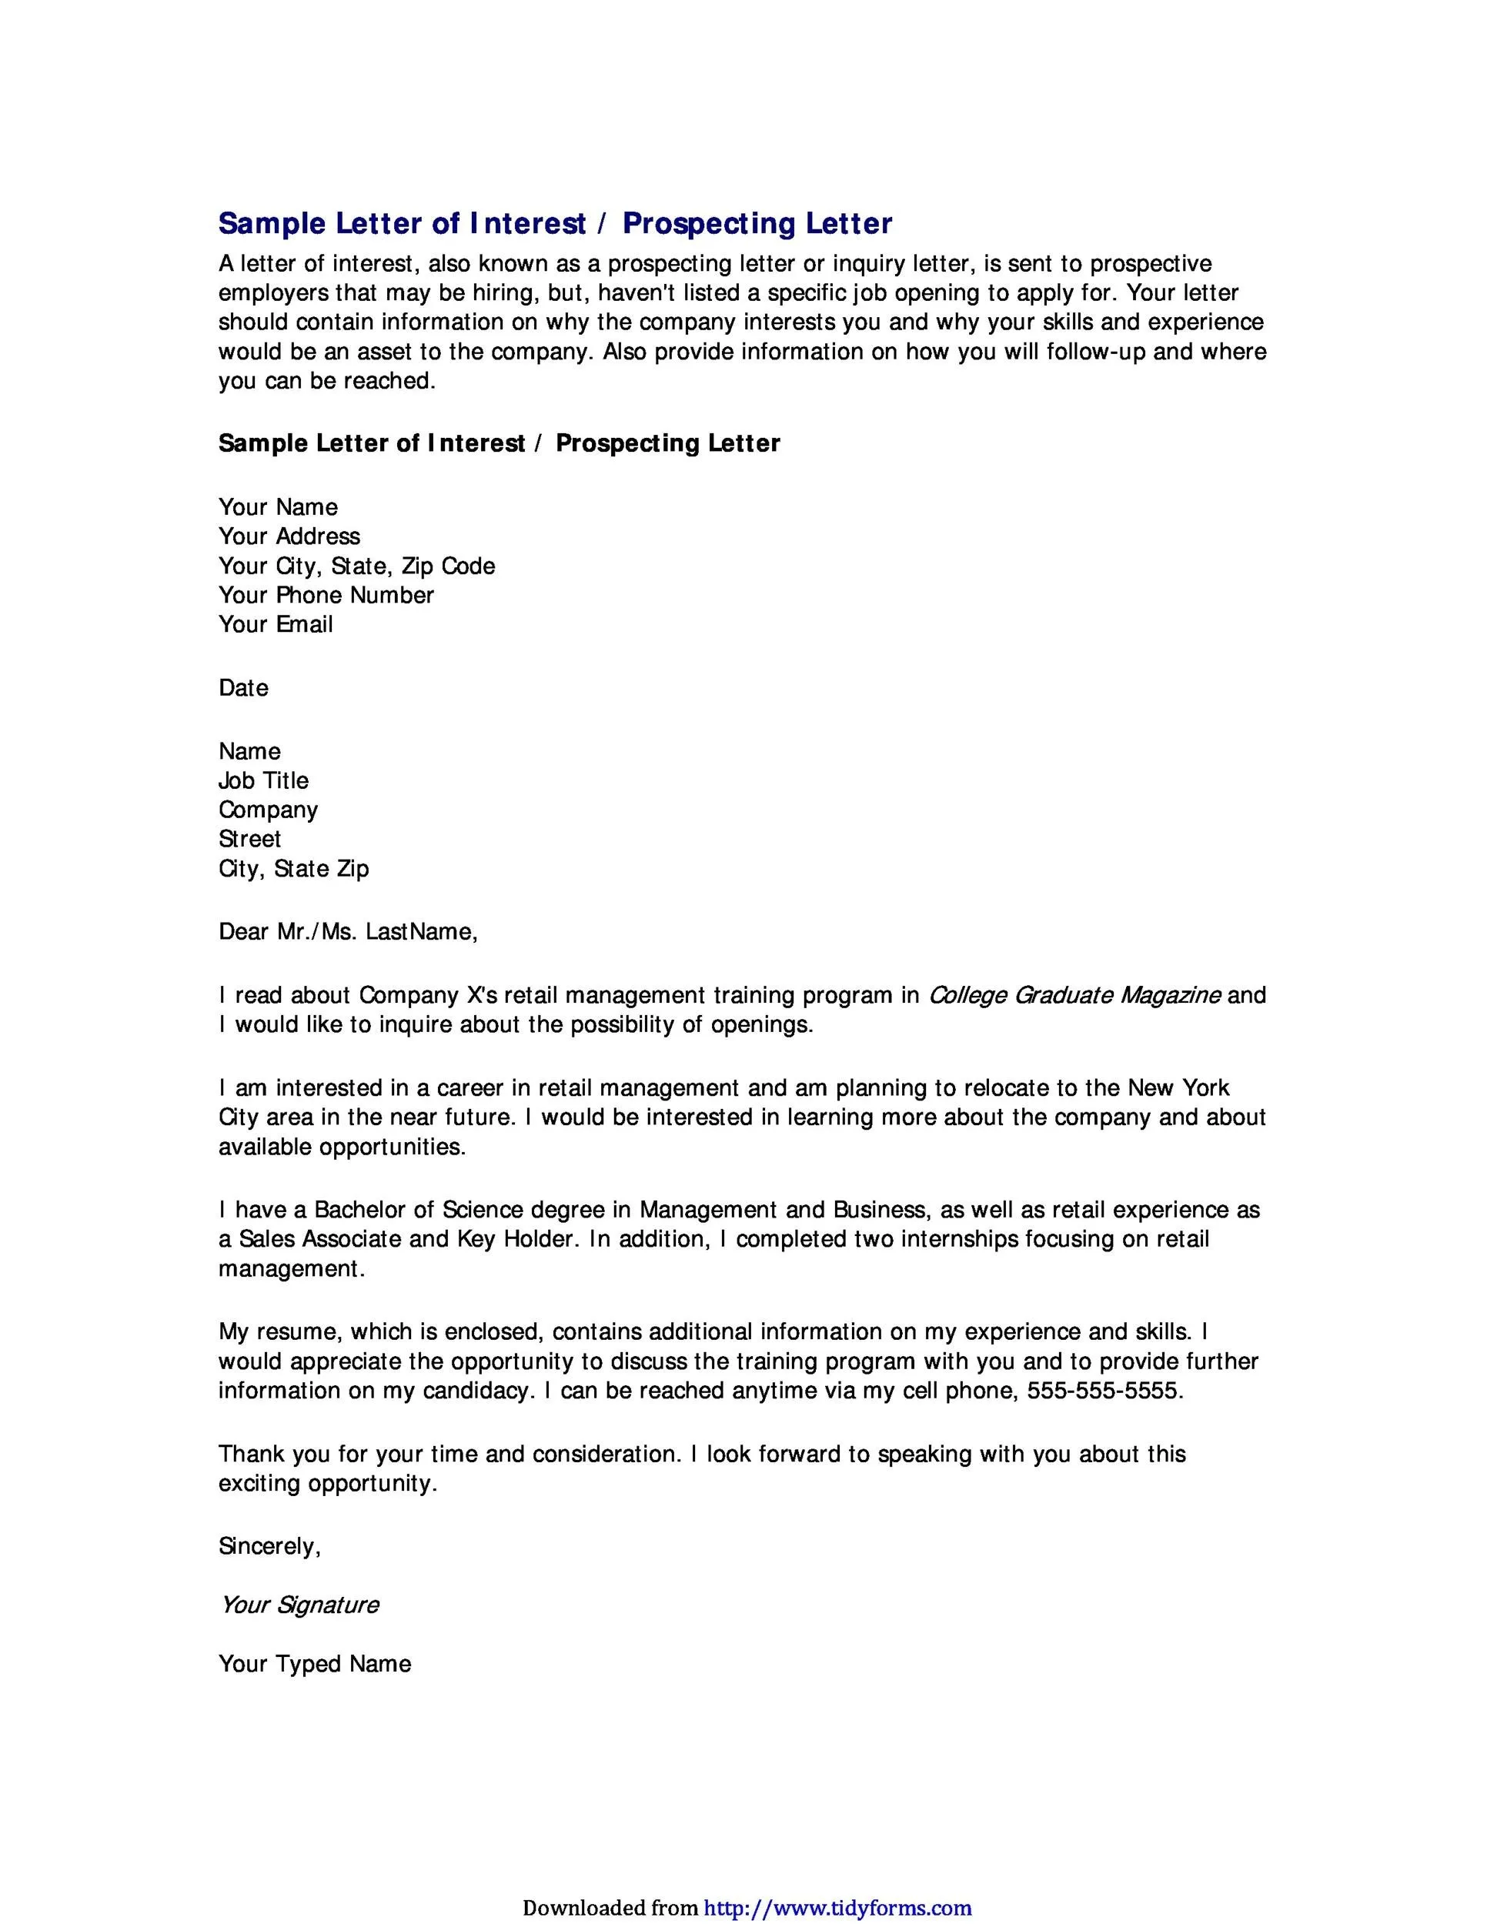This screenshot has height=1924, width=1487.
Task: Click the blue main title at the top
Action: pyautogui.click(x=555, y=224)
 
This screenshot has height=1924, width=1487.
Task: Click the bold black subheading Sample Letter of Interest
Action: pyautogui.click(x=499, y=443)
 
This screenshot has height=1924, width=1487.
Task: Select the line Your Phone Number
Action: pyautogui.click(x=326, y=595)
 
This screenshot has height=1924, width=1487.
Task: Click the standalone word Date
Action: pyautogui.click(x=243, y=687)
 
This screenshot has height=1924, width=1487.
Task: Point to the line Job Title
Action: pyautogui.click(x=263, y=780)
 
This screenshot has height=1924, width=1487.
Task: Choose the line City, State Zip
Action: pyautogui.click(x=293, y=869)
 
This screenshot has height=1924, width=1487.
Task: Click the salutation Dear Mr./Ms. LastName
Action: pyautogui.click(x=348, y=931)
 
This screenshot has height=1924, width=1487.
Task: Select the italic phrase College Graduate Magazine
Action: pyautogui.click(x=1074, y=995)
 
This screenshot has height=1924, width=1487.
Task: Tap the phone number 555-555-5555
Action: pyautogui.click(x=1104, y=1390)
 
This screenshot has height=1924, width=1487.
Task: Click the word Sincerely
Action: pyautogui.click(x=269, y=1546)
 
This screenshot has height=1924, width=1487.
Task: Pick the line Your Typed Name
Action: pyautogui.click(x=315, y=1663)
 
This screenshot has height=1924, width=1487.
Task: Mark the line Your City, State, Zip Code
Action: pyautogui.click(x=357, y=566)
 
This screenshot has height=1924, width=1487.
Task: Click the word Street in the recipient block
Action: pyautogui.click(x=249, y=839)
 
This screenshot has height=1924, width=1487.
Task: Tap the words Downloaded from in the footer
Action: pyautogui.click(x=610, y=1901)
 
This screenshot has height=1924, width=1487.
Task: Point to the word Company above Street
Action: pyautogui.click(x=268, y=810)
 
